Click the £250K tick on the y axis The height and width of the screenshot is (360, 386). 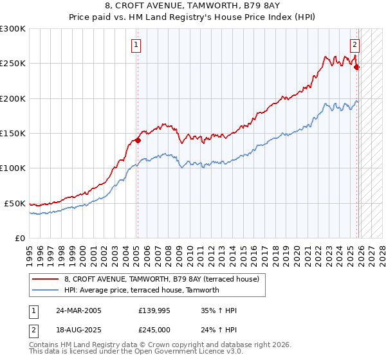click(x=13, y=64)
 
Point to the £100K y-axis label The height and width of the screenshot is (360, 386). click(x=13, y=168)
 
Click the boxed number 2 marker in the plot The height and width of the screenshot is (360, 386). click(x=354, y=44)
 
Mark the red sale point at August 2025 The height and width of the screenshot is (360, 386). click(x=357, y=67)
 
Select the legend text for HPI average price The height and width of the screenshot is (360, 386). click(x=142, y=290)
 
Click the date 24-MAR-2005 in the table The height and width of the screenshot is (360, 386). click(x=78, y=310)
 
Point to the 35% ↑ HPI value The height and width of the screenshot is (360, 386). click(x=219, y=310)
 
